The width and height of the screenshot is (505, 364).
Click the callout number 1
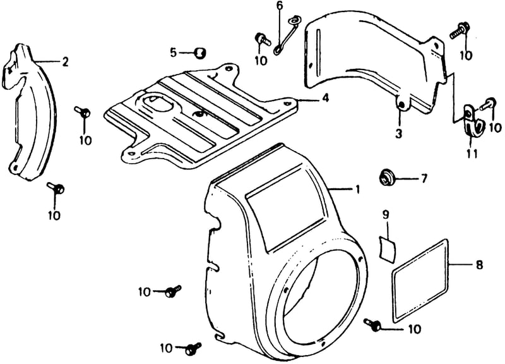click(357, 190)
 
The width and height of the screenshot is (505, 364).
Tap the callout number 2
click(66, 61)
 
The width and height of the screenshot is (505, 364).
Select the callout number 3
click(399, 133)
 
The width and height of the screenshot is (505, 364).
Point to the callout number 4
click(326, 98)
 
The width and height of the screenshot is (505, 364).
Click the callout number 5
click(174, 52)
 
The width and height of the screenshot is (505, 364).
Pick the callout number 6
click(279, 6)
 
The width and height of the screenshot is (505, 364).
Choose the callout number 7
click(424, 178)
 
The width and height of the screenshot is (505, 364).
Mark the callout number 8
click(479, 265)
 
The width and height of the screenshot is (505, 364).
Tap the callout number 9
click(386, 214)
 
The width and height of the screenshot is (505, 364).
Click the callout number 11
click(472, 154)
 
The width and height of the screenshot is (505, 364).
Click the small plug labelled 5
click(201, 52)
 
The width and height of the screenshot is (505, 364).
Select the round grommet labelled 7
click(386, 177)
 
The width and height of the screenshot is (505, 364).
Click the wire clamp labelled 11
click(472, 120)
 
